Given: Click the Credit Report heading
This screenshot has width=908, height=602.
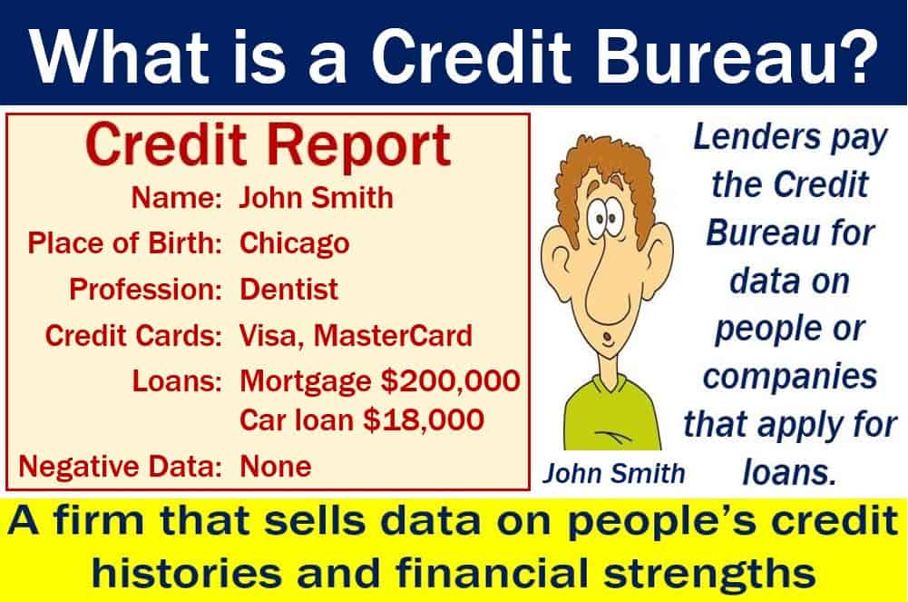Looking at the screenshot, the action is pyautogui.click(x=268, y=146).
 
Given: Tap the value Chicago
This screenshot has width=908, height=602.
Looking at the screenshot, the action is pyautogui.click(x=294, y=243).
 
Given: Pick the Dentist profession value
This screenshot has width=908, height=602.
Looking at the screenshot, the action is pyautogui.click(x=288, y=289).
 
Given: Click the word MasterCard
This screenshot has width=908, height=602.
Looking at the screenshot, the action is pyautogui.click(x=393, y=335).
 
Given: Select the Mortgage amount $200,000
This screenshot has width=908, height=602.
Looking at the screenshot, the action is pyautogui.click(x=450, y=380).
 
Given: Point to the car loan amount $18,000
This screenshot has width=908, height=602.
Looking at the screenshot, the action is pyautogui.click(x=424, y=419).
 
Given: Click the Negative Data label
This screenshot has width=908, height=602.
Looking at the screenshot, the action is pyautogui.click(x=120, y=466).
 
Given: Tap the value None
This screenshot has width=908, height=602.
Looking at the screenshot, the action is pyautogui.click(x=276, y=466).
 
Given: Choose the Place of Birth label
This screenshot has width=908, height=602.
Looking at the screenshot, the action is pyautogui.click(x=124, y=242).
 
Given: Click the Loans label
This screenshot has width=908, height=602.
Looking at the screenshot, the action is pyautogui.click(x=177, y=381).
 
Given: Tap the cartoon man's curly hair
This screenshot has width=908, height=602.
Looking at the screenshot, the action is pyautogui.click(x=605, y=173).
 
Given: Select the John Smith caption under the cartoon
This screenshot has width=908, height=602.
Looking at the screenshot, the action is pyautogui.click(x=614, y=473).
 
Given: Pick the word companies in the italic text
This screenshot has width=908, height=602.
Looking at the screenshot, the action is pyautogui.click(x=790, y=378).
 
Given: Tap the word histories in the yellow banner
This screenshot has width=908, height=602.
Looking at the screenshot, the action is pyautogui.click(x=187, y=572).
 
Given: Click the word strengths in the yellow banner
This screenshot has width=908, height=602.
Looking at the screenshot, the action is pyautogui.click(x=709, y=573).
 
